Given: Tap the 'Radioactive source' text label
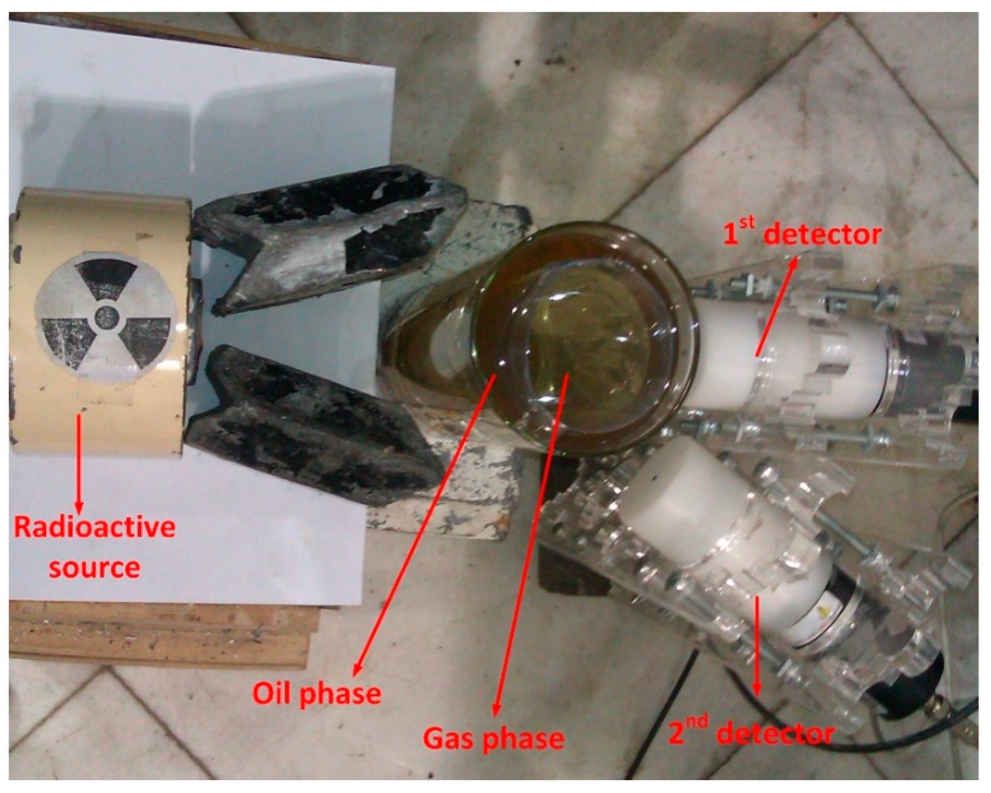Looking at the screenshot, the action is point(95,547).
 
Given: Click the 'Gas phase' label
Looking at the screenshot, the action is point(494,738).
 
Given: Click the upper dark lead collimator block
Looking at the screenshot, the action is point(330,241).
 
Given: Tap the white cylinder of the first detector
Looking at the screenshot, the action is point(788,362).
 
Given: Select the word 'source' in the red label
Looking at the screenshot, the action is point(95,567).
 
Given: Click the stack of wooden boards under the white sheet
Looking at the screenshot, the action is point(162,635).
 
